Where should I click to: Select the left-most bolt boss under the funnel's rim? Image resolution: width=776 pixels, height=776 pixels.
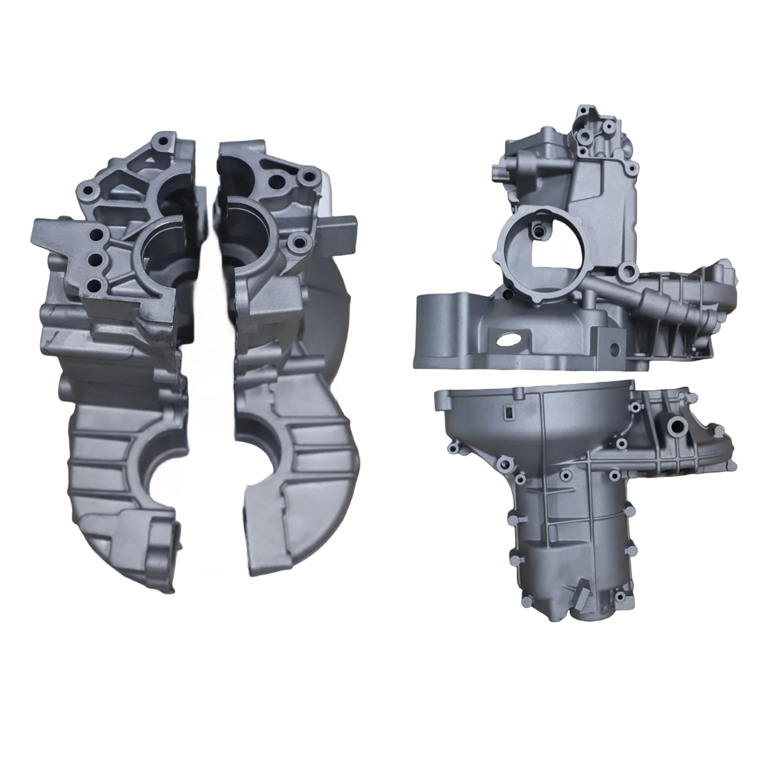tap(454, 449)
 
